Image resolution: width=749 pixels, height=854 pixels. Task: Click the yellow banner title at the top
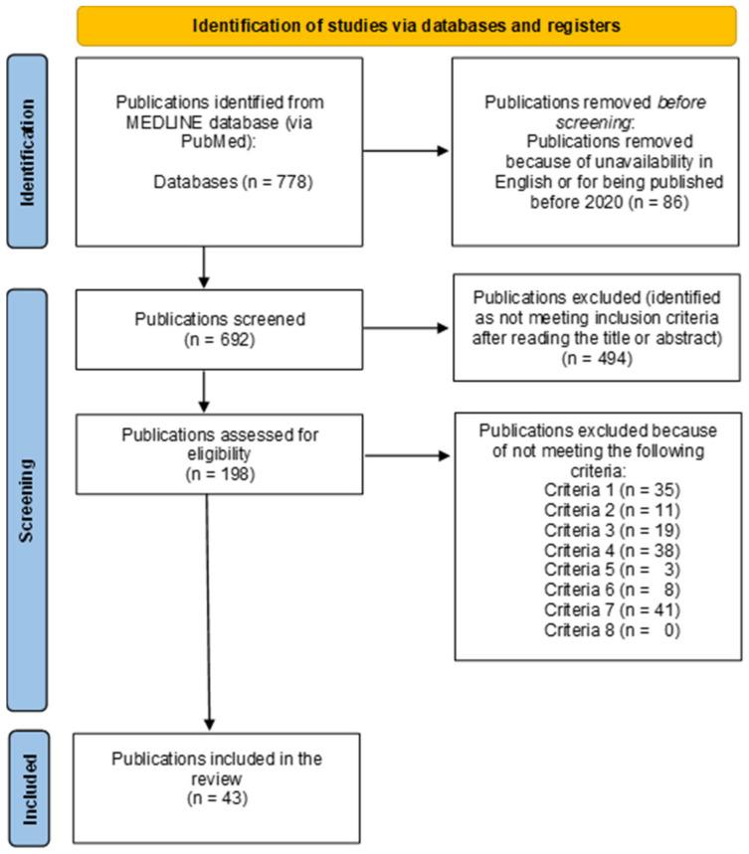click(x=409, y=26)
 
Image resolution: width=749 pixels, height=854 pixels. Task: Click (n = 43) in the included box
click(x=215, y=796)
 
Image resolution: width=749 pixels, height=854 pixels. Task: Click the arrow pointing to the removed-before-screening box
click(x=408, y=153)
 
